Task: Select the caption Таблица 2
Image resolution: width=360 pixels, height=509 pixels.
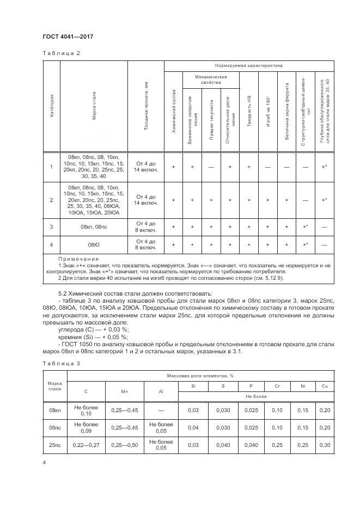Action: pyautogui.click(x=61, y=53)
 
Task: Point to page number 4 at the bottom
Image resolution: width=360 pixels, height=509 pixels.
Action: pyautogui.click(x=44, y=462)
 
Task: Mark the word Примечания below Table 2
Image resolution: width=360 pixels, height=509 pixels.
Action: pyautogui.click(x=78, y=259)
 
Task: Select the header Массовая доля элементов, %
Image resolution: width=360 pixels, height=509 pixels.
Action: pyautogui.click(x=200, y=376)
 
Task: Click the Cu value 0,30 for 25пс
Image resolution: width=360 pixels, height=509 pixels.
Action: pyautogui.click(x=325, y=445)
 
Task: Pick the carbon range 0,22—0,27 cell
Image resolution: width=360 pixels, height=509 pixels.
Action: pyautogui.click(x=86, y=445)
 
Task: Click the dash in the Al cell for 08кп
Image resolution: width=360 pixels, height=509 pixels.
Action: pyautogui.click(x=161, y=410)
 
